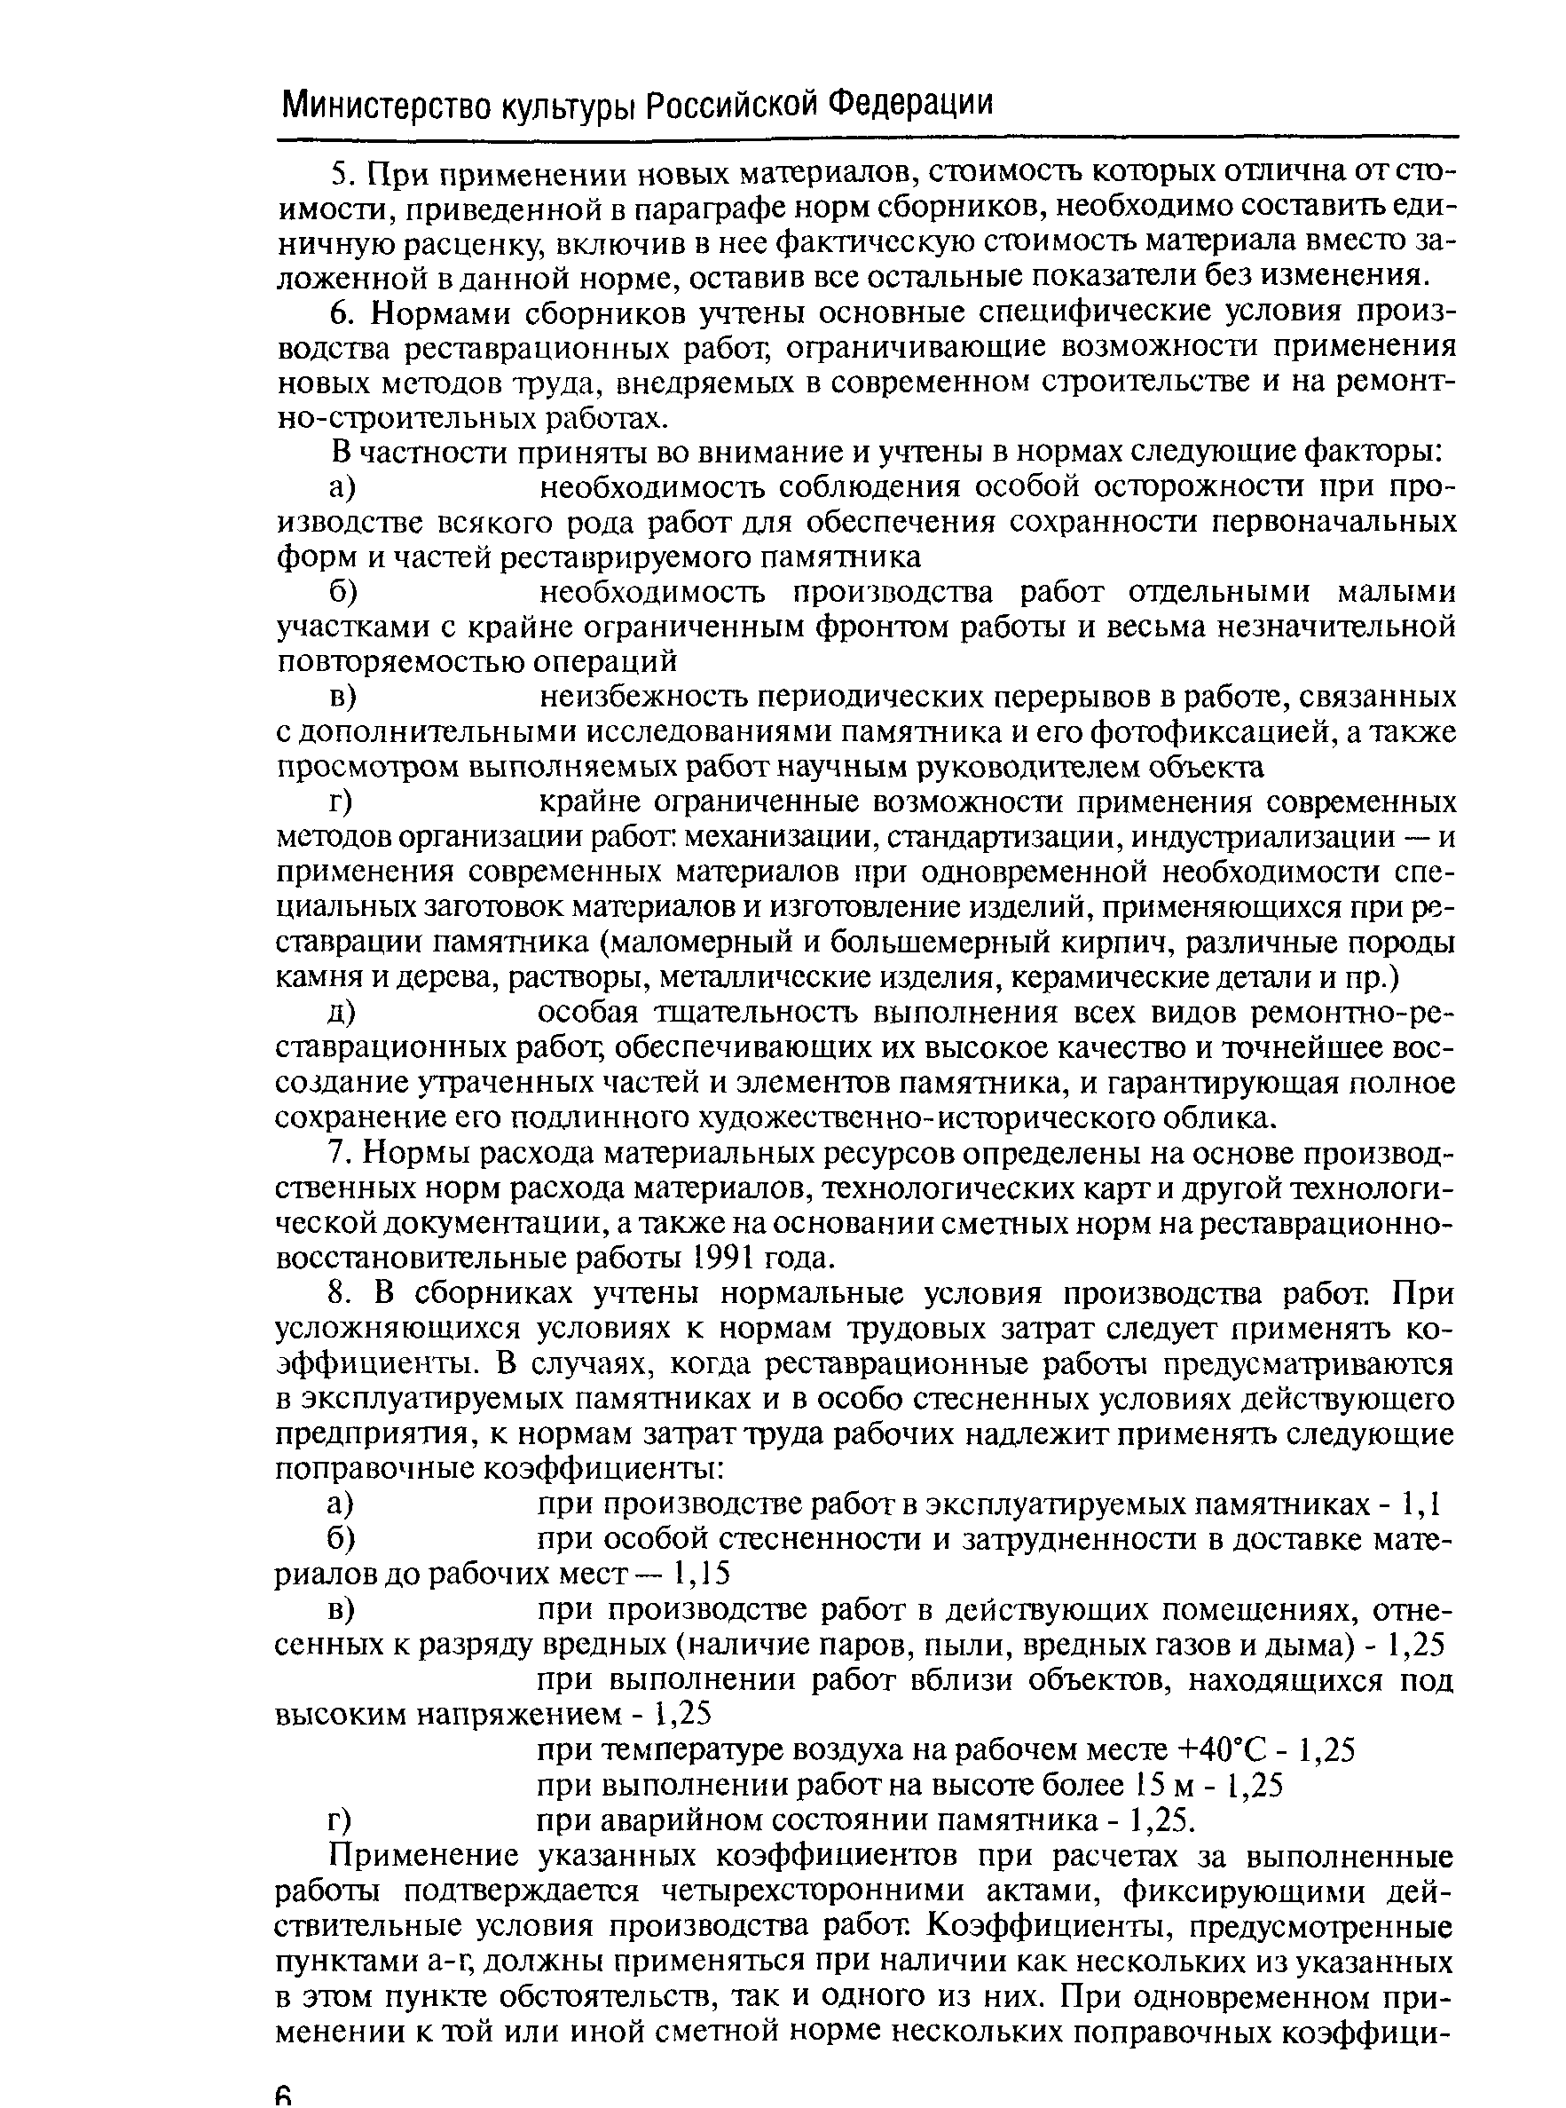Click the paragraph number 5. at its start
pyautogui.click(x=342, y=175)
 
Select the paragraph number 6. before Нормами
pyautogui.click(x=342, y=314)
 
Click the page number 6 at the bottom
pyautogui.click(x=283, y=2093)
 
